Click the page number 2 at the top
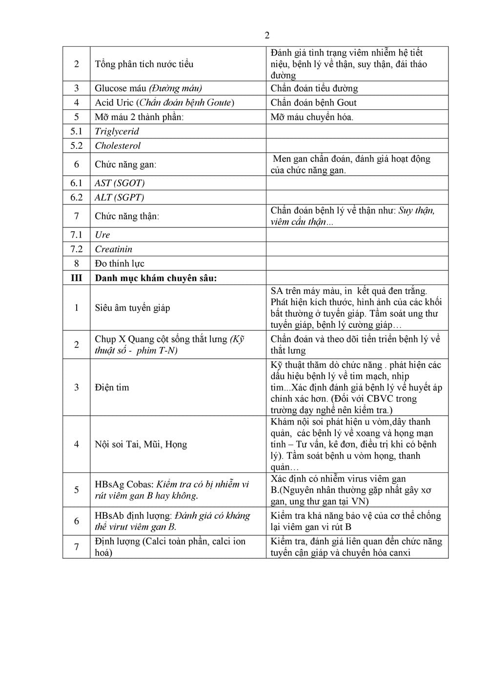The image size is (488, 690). coord(267,35)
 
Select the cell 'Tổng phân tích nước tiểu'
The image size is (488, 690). coord(144,64)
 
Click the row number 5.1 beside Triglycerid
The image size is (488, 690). coord(77,131)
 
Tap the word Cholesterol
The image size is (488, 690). coord(118,145)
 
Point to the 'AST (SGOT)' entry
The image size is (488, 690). coord(120,183)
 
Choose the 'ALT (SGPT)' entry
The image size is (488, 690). coord(119,197)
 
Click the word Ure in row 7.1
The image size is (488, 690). coord(102,235)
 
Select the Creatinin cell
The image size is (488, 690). coord(113,249)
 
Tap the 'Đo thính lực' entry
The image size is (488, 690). coord(120,264)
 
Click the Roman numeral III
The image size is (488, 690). coord(77,278)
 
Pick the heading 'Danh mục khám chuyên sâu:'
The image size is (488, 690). coord(156,278)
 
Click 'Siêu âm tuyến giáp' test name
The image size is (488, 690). coord(132,308)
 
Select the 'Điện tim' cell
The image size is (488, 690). coord(112,387)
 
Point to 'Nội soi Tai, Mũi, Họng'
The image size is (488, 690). coord(141,444)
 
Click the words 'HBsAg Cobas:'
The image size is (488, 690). coord(124,484)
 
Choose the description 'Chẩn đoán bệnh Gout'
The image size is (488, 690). coord(313,102)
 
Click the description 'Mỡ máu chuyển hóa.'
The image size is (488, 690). coord(312,117)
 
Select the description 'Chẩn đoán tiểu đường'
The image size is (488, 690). coord(314,88)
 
